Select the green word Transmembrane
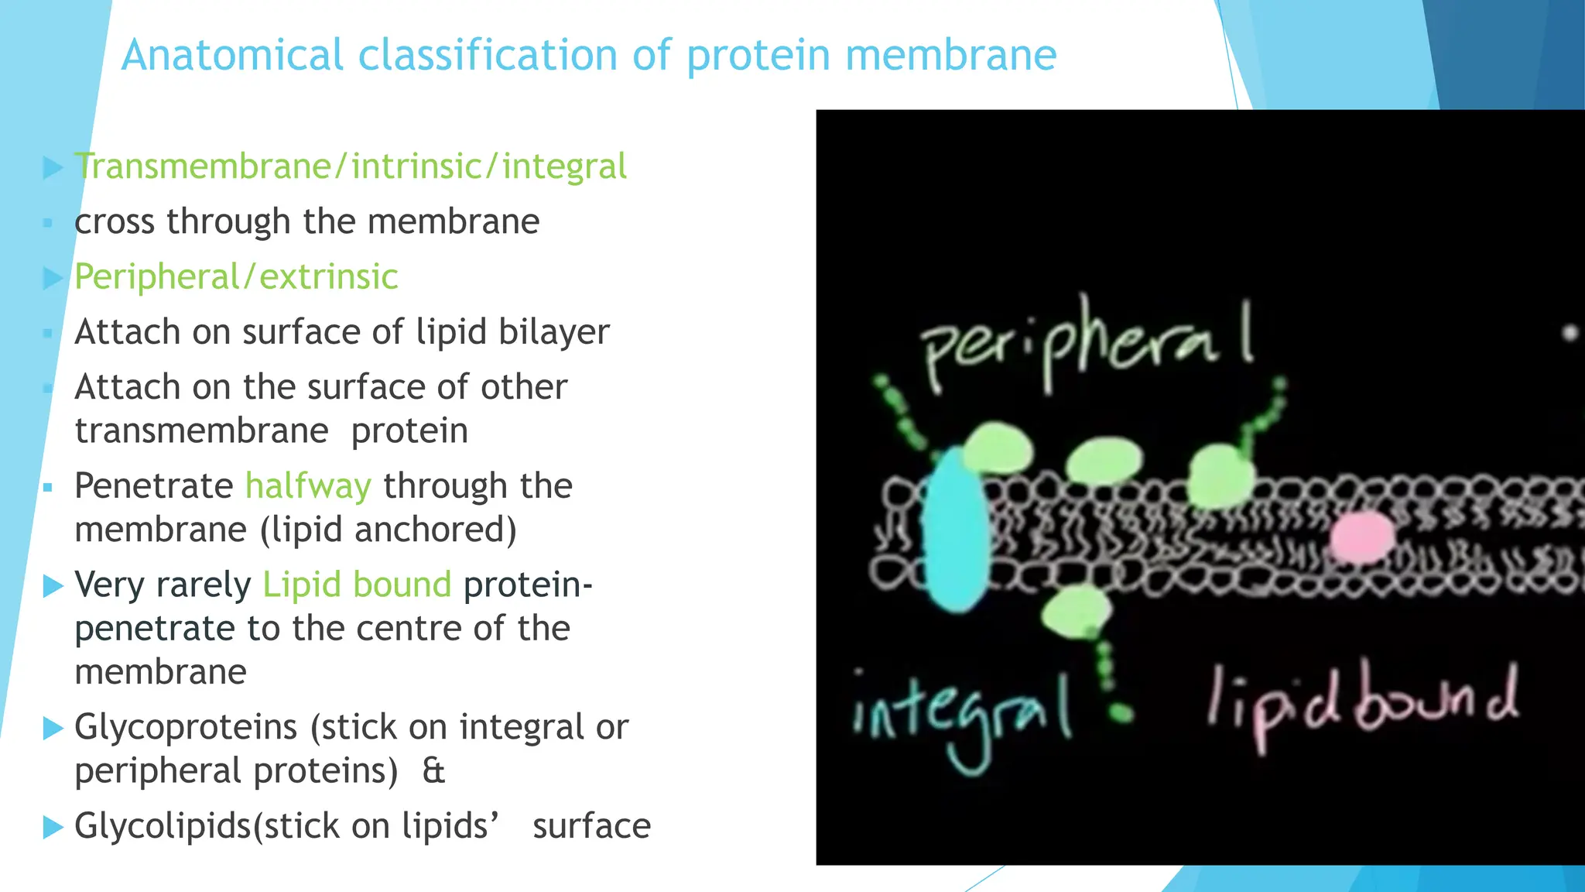point(203,166)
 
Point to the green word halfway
point(308,486)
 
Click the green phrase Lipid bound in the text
point(357,585)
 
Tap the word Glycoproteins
point(186,728)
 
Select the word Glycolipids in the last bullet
point(163,826)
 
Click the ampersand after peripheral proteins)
point(433,771)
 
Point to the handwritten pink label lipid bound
point(1362,705)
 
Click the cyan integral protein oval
point(956,530)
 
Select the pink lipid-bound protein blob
point(1362,537)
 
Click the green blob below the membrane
point(1076,612)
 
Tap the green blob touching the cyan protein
point(997,448)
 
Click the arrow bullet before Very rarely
point(53,585)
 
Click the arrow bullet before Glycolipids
point(53,826)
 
